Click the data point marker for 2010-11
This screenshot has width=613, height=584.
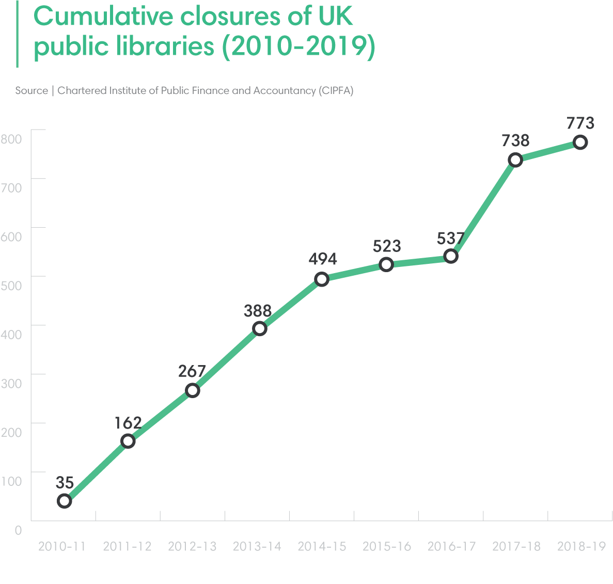[64, 500]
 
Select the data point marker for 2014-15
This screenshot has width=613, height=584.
[322, 279]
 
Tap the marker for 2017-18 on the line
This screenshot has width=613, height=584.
[515, 160]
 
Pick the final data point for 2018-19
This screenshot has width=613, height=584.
[580, 143]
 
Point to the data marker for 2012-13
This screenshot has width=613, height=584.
[193, 390]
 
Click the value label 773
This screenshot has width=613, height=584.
[580, 123]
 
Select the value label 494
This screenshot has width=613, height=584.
[323, 259]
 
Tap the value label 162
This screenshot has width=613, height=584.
[128, 423]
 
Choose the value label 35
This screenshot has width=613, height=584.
[65, 483]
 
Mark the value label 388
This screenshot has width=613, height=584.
[258, 311]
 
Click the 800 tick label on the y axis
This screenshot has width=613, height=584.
[11, 138]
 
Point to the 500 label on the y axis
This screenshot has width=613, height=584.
[11, 285]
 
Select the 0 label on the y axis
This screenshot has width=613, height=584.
[19, 530]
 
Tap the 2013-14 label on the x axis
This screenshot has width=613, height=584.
[257, 546]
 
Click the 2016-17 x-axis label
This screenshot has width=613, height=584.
[451, 546]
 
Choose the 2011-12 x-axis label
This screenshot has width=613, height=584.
[127, 546]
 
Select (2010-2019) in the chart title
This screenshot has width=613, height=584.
[298, 46]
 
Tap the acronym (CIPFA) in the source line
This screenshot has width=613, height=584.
[336, 90]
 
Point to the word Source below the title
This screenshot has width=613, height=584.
[32, 90]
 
